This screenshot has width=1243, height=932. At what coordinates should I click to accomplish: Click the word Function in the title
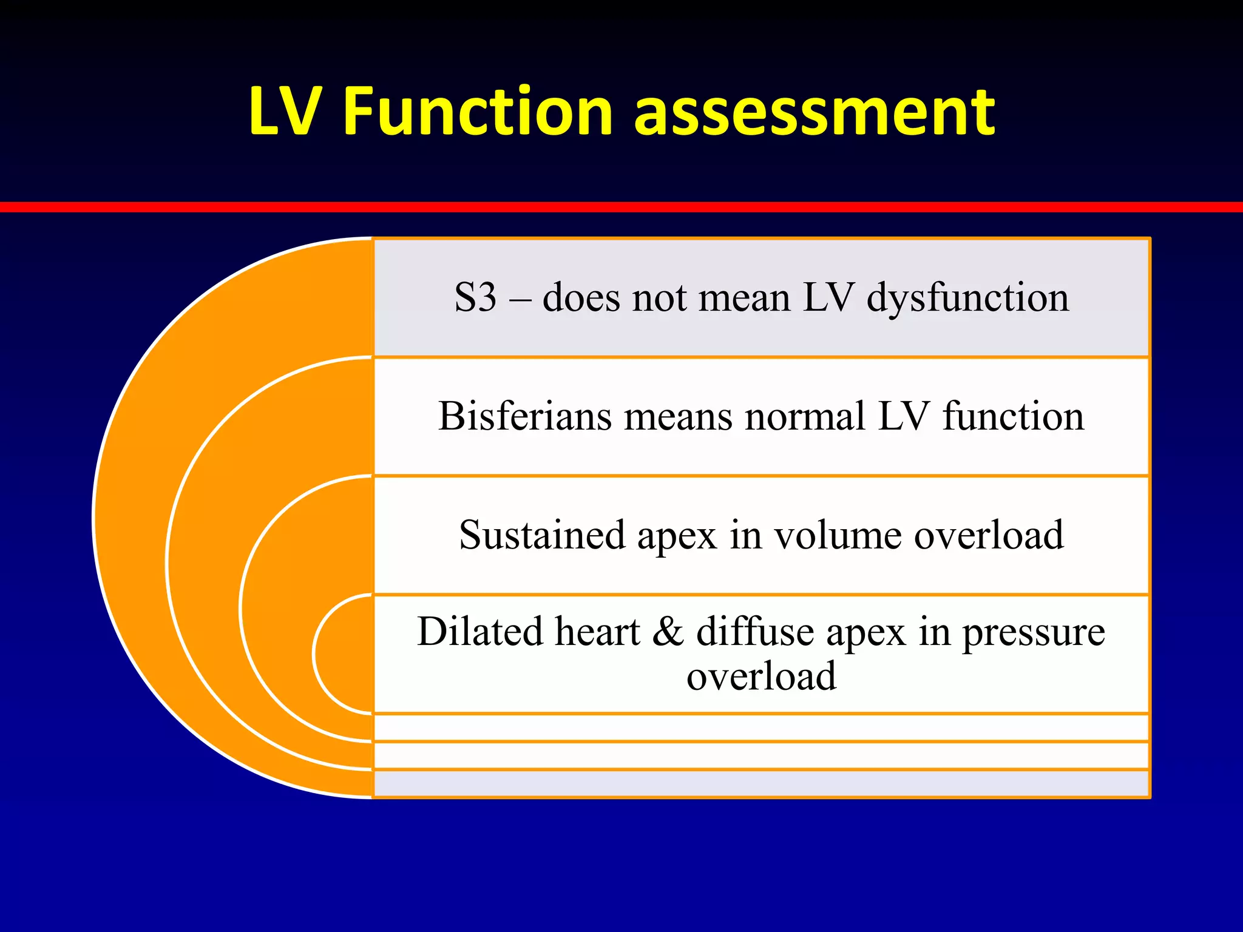click(478, 112)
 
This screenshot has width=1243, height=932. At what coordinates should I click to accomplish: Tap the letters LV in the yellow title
click(284, 112)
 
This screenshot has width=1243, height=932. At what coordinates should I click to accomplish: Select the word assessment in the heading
click(814, 113)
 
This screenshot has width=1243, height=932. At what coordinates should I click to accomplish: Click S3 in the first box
click(475, 298)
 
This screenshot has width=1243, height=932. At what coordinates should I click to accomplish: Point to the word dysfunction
click(967, 299)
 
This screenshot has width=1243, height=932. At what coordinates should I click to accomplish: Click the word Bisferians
click(524, 417)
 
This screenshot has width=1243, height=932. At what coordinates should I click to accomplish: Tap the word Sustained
click(541, 536)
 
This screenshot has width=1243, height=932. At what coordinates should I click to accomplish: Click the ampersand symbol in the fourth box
click(668, 632)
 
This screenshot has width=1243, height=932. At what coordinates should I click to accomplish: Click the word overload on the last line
click(761, 677)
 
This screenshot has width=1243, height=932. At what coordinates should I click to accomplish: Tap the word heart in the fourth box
click(597, 632)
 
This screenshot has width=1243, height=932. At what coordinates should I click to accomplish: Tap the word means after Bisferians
click(678, 418)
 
